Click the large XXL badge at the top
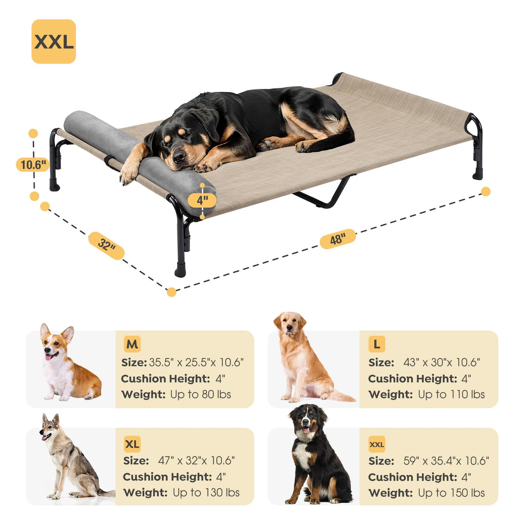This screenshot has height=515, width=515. coord(53,42)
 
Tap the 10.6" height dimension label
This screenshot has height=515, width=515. coord(33,164)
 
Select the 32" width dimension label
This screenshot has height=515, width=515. coord(106,246)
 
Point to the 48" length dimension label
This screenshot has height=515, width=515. coord(338,239)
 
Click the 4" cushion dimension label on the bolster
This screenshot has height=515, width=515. coord(202,200)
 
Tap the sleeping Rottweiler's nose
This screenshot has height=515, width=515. coord(178,157)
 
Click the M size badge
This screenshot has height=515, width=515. coord(132,344)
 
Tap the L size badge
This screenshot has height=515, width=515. coord(377,344)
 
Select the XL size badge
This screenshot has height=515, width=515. coord(132,444)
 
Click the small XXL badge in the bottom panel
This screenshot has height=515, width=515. coord(377,444)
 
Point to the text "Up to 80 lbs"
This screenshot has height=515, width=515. coord(200,394)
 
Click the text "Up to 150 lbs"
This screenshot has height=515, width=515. coord(451,493)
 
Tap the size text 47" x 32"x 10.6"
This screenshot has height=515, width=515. coord(196,461)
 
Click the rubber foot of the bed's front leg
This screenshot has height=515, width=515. coord(180,270)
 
